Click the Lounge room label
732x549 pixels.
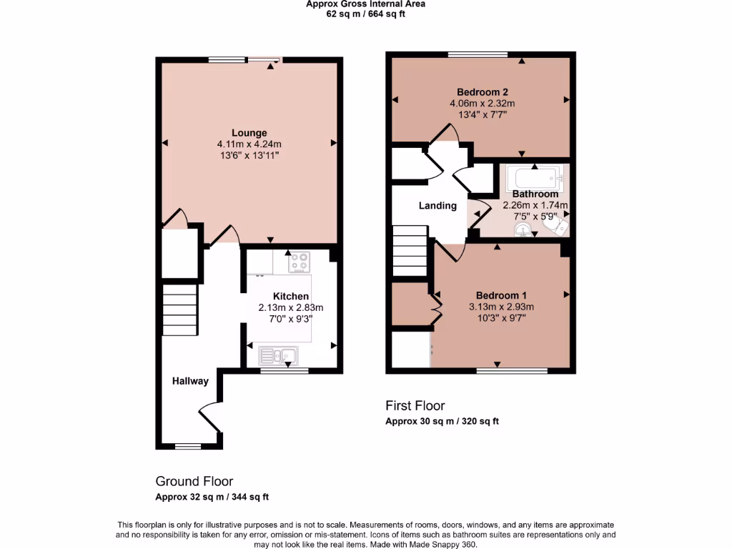click(x=249, y=132)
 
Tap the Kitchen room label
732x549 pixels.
click(x=291, y=296)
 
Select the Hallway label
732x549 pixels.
click(x=190, y=381)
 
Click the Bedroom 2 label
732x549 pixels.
click(x=483, y=91)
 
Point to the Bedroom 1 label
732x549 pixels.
click(x=502, y=295)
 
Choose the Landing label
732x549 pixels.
click(x=437, y=206)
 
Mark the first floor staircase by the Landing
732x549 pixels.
click(x=410, y=250)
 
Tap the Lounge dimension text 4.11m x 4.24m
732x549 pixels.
click(x=249, y=144)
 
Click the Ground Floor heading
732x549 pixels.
click(x=194, y=482)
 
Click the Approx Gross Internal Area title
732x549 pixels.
click(x=365, y=4)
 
